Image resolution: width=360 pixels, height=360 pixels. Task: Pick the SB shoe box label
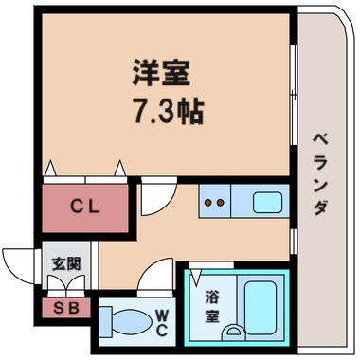tap(64, 308)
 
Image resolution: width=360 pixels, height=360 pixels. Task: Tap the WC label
tap(162, 322)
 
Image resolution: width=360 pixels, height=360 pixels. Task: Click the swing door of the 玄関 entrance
tap(19, 263)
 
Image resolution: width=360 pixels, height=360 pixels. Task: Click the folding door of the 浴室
tap(198, 277)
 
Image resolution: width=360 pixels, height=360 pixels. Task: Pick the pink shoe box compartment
tap(64, 308)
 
